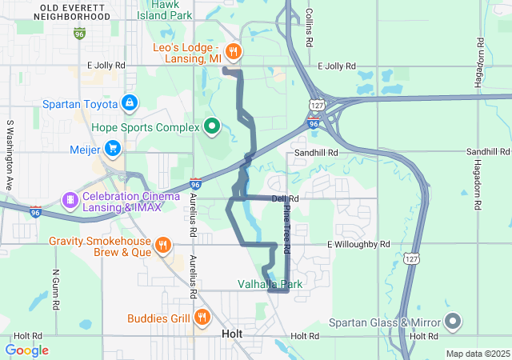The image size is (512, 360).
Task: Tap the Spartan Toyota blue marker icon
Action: [x=129, y=103]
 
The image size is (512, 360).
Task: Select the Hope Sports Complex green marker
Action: [x=211, y=126]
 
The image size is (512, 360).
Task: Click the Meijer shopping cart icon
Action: [x=112, y=149]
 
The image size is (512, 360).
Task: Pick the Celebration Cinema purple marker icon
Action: [x=70, y=198]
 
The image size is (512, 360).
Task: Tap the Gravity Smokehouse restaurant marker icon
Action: [x=162, y=245]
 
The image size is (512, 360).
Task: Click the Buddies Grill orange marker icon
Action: [x=201, y=318]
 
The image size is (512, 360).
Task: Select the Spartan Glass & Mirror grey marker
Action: [x=453, y=322]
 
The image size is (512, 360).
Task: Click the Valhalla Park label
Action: [x=270, y=284]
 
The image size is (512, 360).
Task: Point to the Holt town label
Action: [x=232, y=334]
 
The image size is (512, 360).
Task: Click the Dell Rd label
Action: [x=285, y=198]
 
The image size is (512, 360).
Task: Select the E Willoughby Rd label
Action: [x=358, y=244]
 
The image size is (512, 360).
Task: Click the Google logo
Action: [x=26, y=350]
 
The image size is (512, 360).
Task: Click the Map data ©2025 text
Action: [x=477, y=354]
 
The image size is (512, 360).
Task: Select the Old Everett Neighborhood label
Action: [x=54, y=11]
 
